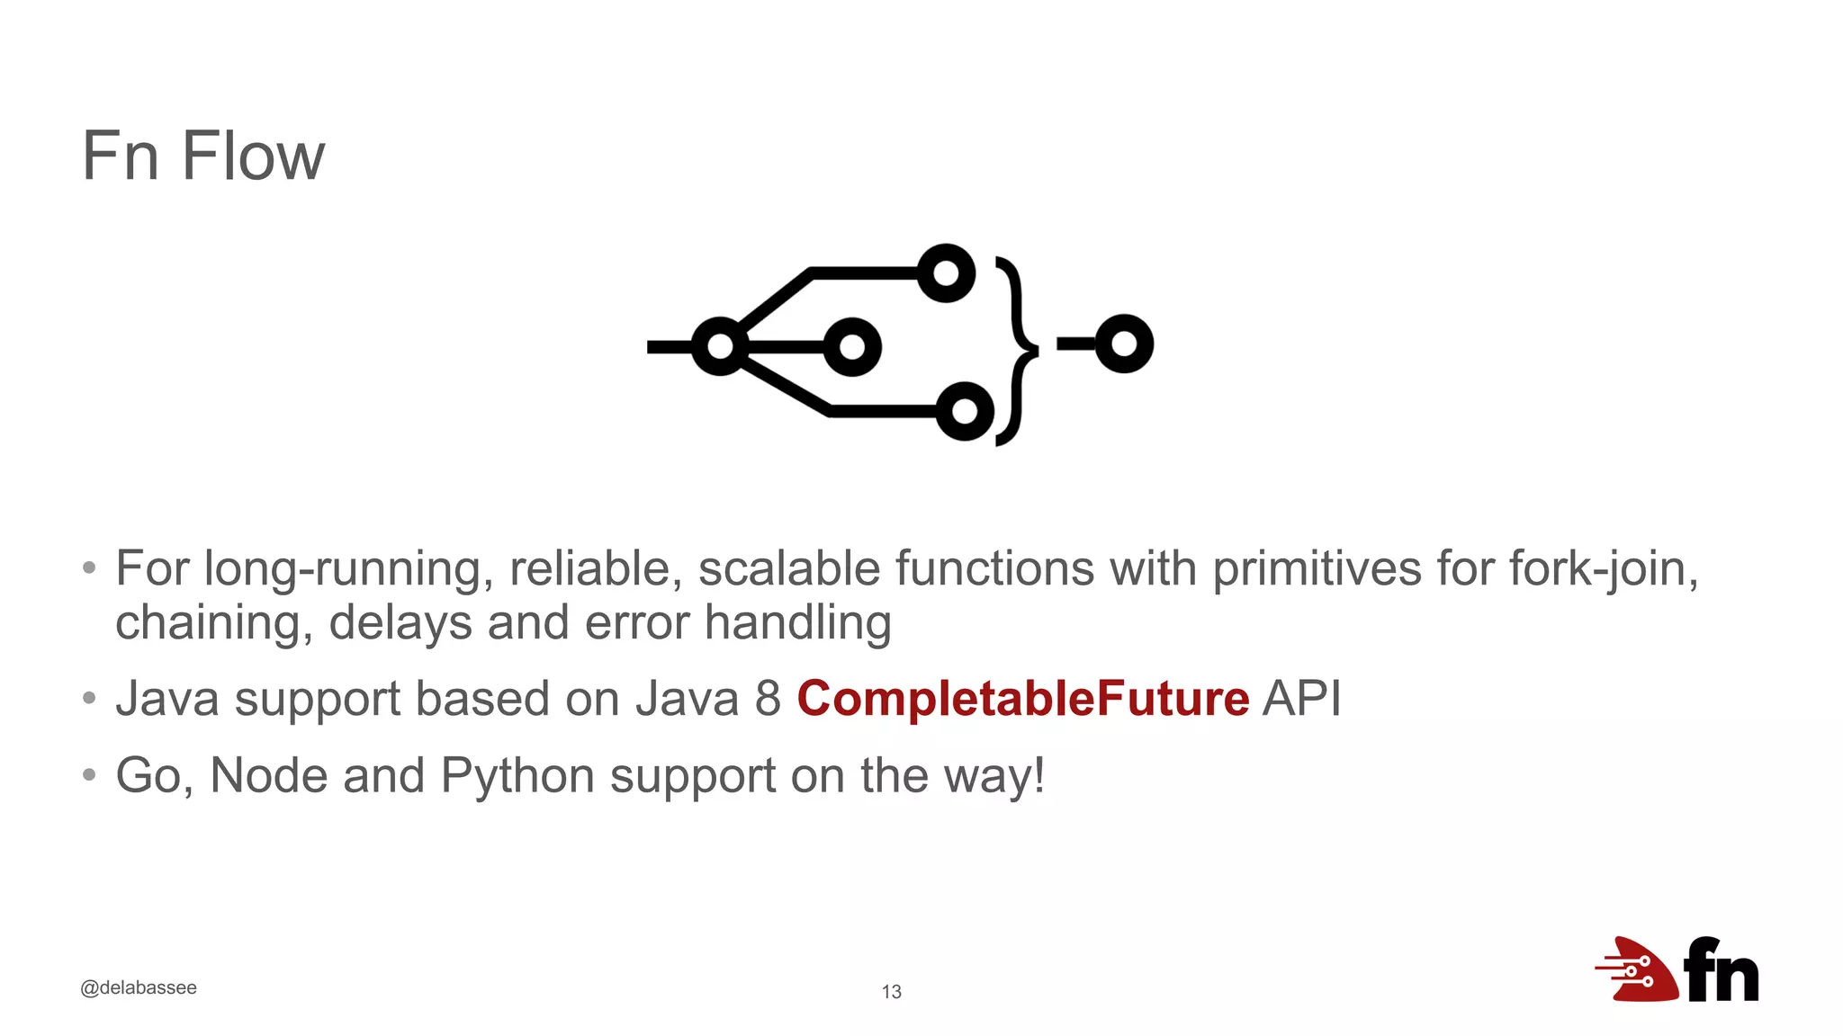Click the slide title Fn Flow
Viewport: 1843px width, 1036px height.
pos(202,156)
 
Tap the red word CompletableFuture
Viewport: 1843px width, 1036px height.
pos(1022,699)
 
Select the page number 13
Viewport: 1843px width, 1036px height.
pos(891,991)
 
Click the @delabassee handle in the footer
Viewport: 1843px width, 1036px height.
pos(139,987)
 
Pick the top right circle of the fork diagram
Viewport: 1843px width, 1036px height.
pos(946,272)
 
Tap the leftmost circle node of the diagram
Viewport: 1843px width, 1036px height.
pos(720,346)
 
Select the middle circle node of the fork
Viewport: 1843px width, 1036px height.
pos(851,346)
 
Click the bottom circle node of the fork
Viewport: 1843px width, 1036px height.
pos(965,411)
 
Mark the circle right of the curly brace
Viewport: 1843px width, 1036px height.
pos(1124,344)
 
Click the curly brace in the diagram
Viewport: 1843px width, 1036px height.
pos(1018,351)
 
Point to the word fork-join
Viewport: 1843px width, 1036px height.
pos(1603,569)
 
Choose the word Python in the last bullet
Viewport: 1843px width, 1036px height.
pos(517,775)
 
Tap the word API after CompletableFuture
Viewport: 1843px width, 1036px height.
pos(1301,699)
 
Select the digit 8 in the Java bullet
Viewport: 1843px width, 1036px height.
pos(768,699)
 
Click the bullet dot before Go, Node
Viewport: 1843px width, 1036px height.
pos(88,774)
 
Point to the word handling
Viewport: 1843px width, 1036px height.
pos(797,623)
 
